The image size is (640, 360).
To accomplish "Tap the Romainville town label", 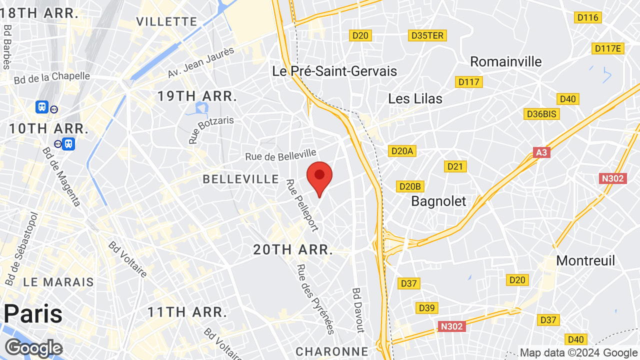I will [x=506, y=61].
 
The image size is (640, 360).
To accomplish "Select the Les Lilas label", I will [x=415, y=98].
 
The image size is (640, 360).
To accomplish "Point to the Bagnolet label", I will [x=438, y=201].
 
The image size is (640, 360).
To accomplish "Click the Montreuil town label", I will [x=585, y=260].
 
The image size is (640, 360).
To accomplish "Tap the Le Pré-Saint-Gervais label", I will [x=334, y=71].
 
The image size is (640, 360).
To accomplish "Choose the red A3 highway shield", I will [x=541, y=152].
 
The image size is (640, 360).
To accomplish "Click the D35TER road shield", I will [x=427, y=35].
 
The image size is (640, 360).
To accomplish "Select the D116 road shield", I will [x=587, y=18].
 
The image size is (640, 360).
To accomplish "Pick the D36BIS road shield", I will [x=542, y=114].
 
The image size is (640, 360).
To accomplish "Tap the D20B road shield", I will [x=410, y=186].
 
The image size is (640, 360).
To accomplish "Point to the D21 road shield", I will [x=455, y=166].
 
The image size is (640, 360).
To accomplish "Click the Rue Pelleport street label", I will [x=302, y=205].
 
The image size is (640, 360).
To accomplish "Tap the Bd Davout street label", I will [x=358, y=310].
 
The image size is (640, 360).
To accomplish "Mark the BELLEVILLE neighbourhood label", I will [x=240, y=179].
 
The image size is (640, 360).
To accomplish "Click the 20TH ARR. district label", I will [x=293, y=249].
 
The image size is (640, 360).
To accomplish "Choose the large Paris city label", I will [x=33, y=314].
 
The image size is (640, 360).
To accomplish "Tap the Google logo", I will [x=33, y=348].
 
